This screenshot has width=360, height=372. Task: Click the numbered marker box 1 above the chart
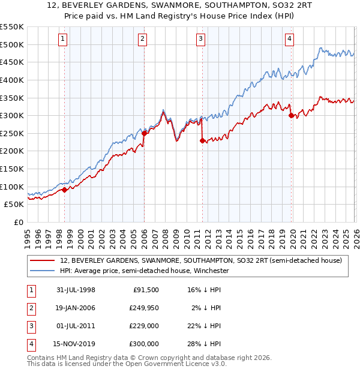point(64,40)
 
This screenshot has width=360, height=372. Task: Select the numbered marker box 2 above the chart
point(143,40)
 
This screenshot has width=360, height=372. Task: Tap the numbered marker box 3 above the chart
point(200,40)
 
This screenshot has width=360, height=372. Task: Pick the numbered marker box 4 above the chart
point(289,40)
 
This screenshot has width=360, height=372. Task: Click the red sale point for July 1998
point(65,190)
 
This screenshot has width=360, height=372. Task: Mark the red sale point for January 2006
point(144,133)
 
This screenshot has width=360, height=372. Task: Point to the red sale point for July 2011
point(202,141)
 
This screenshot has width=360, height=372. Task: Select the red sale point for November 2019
point(290,116)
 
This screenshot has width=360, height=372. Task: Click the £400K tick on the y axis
point(12,80)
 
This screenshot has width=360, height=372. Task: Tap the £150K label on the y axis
point(12,169)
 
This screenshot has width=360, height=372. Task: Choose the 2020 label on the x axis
point(292,236)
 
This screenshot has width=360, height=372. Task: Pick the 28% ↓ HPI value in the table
point(203,344)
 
